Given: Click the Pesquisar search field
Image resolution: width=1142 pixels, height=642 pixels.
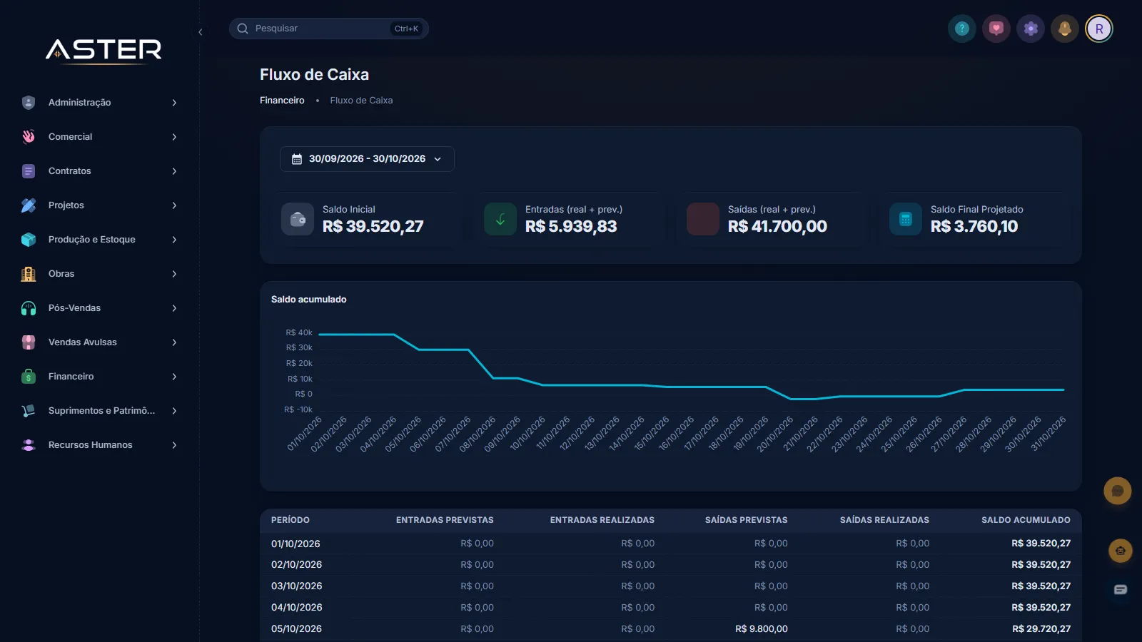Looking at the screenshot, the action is coord(328,29).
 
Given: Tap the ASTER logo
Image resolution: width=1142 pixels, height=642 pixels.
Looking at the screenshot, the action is coord(103,51).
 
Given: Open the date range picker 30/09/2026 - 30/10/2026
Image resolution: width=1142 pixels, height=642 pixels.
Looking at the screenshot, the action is coord(367,159).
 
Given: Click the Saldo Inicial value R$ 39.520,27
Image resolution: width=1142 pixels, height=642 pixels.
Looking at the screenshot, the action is coord(373,226).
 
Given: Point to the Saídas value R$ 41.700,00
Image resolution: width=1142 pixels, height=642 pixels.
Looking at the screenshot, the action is coord(777,226).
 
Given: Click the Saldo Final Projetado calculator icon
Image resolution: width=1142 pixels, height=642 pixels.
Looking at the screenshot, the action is coord(906,219).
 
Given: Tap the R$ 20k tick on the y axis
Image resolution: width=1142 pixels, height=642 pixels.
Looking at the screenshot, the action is coord(299,363).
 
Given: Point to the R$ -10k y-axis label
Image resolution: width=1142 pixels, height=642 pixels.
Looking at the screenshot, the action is coord(298,409).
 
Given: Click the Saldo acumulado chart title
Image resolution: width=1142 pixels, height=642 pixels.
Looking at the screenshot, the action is coord(308,300).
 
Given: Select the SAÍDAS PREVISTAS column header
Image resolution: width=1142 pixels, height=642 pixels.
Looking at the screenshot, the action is coord(746,520).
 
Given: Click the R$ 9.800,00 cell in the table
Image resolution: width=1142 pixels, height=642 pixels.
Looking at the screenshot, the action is coord(761,628).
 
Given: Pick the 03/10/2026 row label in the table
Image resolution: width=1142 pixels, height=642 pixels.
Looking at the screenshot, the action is coord(296,586).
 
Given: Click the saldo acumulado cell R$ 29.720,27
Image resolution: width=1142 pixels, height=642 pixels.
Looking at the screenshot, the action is coord(1041,628).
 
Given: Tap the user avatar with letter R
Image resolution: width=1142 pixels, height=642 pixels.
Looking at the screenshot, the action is coord(1098,29).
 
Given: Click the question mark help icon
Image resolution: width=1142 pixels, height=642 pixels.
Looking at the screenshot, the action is coord(961,29).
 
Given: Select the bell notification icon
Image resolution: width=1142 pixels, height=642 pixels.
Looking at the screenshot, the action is coord(1064,29).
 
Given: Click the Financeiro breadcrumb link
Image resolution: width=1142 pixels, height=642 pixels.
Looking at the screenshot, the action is coord(282,101).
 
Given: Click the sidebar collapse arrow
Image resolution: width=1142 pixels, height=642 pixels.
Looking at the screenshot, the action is coord(201,32).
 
